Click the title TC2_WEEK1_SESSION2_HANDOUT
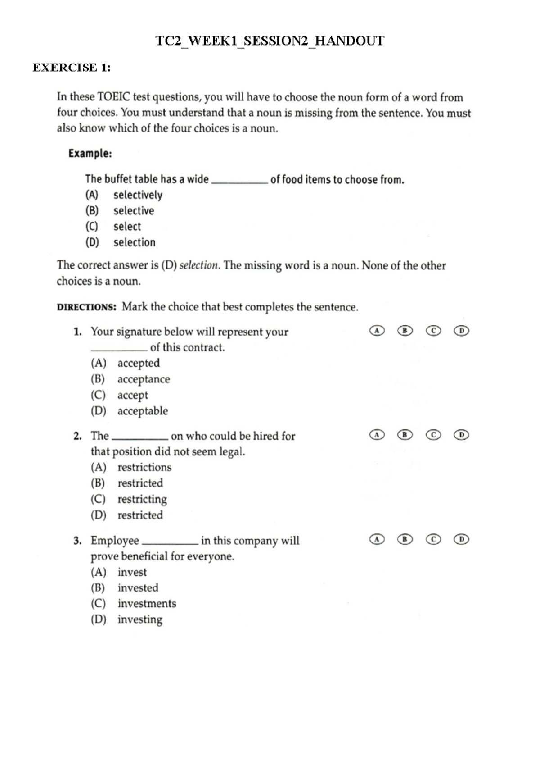point(270,41)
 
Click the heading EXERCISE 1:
point(72,68)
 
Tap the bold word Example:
point(90,154)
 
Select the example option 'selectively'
point(138,195)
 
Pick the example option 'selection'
point(134,242)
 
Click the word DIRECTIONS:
point(87,307)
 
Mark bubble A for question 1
point(377,331)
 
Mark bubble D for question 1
point(461,331)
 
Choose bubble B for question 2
point(405,435)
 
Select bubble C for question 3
point(433,539)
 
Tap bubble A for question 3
point(377,539)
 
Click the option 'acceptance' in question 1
point(144,379)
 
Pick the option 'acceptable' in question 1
point(143,411)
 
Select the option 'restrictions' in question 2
point(144,467)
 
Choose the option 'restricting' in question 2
point(142,499)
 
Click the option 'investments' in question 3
point(147,604)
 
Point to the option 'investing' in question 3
point(140,619)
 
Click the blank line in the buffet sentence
point(239,181)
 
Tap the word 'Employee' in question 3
point(115,540)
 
